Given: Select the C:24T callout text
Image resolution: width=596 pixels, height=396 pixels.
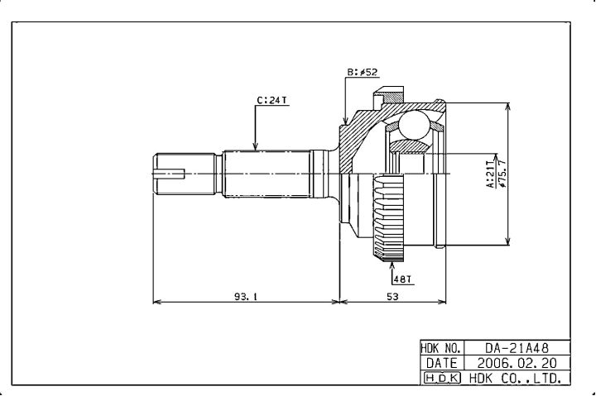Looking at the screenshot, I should click(272, 100).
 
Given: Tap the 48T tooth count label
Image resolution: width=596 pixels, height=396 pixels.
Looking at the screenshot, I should click(403, 279).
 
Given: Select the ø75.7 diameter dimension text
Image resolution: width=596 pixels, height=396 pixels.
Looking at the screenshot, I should click(502, 174).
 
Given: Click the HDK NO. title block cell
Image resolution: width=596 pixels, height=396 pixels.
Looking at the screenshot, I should click(441, 349).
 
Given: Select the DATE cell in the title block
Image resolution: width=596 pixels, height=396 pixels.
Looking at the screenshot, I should click(441, 363).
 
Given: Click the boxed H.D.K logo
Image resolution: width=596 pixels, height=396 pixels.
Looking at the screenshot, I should click(441, 378).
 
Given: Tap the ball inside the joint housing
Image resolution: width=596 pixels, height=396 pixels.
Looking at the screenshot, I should click(414, 126).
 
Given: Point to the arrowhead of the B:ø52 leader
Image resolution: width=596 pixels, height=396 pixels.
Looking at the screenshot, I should click(344, 124).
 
